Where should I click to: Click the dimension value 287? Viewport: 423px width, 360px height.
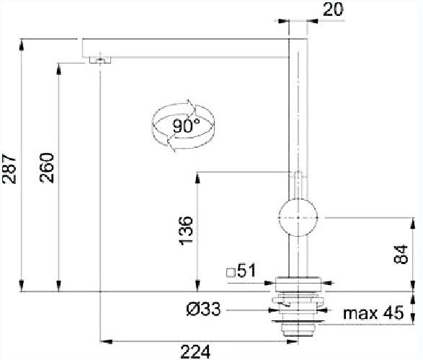pyautogui.click(x=9, y=169)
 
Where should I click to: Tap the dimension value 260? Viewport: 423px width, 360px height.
pyautogui.click(x=47, y=167)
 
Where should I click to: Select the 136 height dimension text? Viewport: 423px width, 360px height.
pyautogui.click(x=186, y=230)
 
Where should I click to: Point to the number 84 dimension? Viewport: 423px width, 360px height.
pyautogui.click(x=401, y=254)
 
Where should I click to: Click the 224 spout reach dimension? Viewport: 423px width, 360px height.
pyautogui.click(x=195, y=351)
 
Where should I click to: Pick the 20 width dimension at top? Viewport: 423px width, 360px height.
pyautogui.click(x=333, y=9)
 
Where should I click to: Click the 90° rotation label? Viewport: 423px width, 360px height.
pyautogui.click(x=187, y=126)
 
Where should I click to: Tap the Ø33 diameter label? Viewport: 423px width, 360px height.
pyautogui.click(x=203, y=309)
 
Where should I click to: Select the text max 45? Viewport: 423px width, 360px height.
pyautogui.click(x=373, y=312)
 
